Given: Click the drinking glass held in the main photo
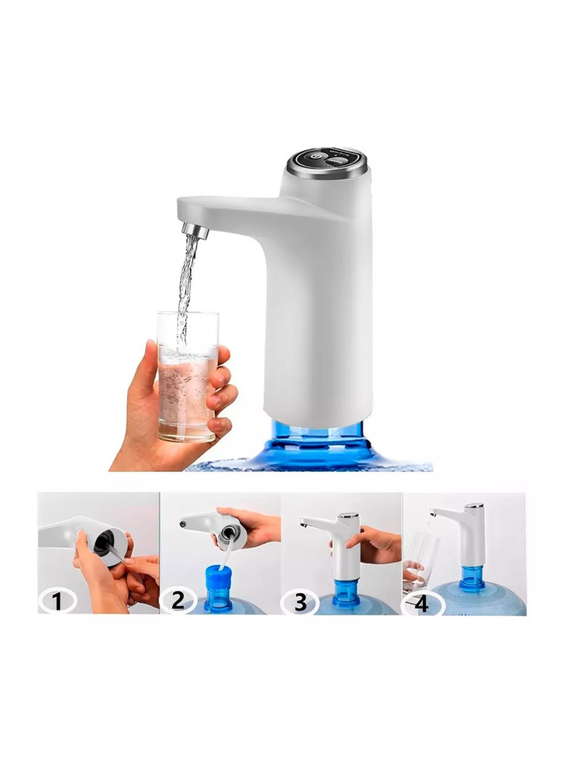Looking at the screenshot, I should (x=187, y=375).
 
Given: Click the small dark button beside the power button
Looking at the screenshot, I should (x=331, y=162).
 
